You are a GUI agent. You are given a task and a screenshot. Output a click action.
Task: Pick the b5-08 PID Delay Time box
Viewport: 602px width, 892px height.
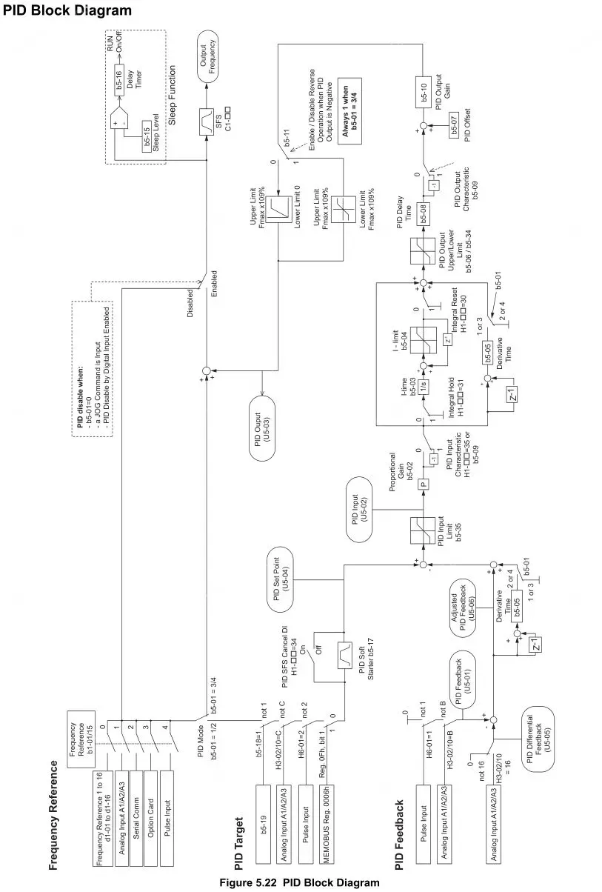click(424, 213)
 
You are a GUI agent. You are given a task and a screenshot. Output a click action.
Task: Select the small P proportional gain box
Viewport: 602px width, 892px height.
click(424, 482)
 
